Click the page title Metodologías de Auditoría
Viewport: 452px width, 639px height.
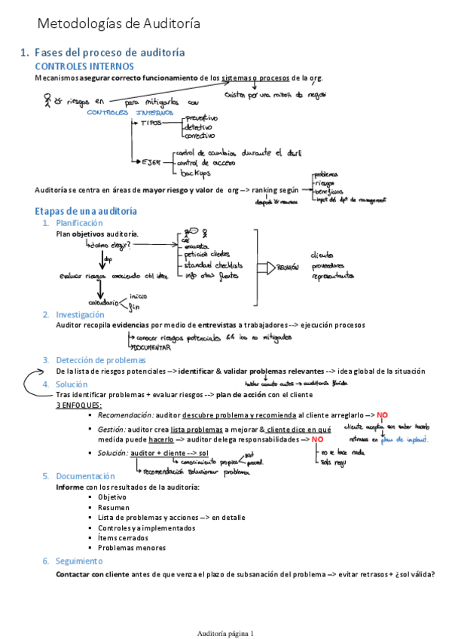coord(119,23)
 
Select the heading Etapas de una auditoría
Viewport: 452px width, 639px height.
coord(86,210)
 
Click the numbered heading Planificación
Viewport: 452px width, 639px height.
coord(79,223)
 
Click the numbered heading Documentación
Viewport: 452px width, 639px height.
coord(85,476)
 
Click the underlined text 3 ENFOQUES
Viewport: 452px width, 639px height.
coord(80,405)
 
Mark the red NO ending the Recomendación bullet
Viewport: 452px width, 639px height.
coord(383,415)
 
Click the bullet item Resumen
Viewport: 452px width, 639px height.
coord(112,508)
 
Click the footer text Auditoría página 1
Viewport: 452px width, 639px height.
coord(225,612)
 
